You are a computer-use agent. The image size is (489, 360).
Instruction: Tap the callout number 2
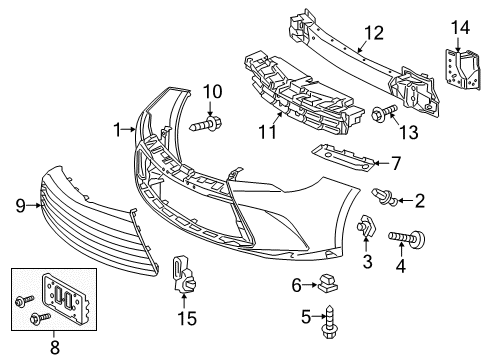(x=420, y=201)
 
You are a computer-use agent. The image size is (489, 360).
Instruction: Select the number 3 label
(x=367, y=262)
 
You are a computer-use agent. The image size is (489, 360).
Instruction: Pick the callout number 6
(x=297, y=285)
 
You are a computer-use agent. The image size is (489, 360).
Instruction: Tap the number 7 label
(x=396, y=162)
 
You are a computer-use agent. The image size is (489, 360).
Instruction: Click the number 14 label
(x=457, y=27)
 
